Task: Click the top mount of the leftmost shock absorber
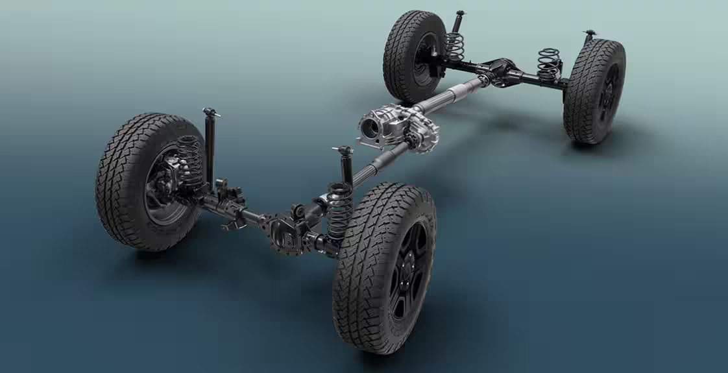(210, 112)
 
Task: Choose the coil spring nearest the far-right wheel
(549, 64)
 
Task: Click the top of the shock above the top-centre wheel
(460, 14)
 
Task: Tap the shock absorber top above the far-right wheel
(589, 33)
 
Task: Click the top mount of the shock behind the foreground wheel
(344, 150)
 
